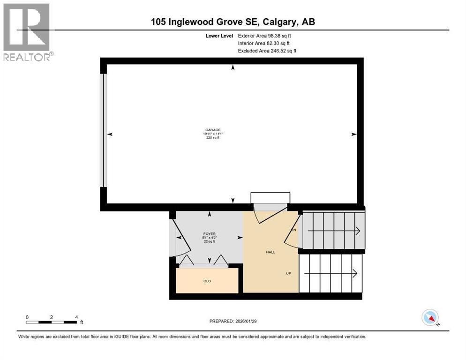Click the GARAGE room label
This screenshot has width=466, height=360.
[x=212, y=130]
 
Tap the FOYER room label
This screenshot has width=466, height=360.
[x=209, y=233]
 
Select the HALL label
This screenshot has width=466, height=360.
[x=271, y=252]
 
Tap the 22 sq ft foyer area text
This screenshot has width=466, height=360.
[x=209, y=241]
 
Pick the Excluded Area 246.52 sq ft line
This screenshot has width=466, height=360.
[x=267, y=51]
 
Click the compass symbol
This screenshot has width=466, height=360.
[x=430, y=317]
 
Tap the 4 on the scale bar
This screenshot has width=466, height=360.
[x=76, y=317]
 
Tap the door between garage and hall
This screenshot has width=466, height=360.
[x=270, y=209]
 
